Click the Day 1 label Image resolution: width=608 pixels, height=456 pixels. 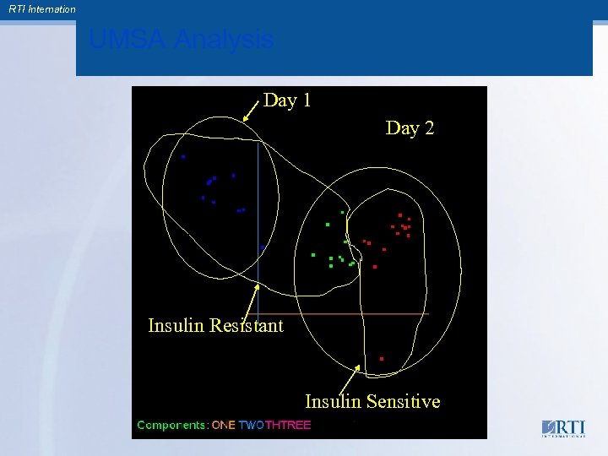click(x=287, y=100)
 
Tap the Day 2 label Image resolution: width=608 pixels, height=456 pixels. click(x=410, y=128)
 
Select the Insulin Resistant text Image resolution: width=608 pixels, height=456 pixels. click(x=215, y=325)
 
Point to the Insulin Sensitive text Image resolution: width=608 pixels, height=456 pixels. click(x=372, y=401)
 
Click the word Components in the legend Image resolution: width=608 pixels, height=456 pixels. click(x=172, y=425)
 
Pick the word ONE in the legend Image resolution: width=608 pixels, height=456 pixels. click(x=224, y=425)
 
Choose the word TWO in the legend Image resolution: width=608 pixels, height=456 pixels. click(x=252, y=425)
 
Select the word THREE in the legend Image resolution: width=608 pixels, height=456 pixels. click(x=288, y=425)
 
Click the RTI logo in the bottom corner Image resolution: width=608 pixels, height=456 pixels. click(x=563, y=428)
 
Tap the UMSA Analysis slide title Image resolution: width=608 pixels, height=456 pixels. click(x=181, y=40)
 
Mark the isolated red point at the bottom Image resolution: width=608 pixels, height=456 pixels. click(x=382, y=359)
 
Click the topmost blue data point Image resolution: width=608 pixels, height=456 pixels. click(x=183, y=156)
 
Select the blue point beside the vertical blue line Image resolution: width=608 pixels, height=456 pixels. click(x=263, y=247)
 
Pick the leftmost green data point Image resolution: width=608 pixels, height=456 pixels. click(x=313, y=254)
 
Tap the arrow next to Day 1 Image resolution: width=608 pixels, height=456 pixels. click(x=251, y=111)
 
